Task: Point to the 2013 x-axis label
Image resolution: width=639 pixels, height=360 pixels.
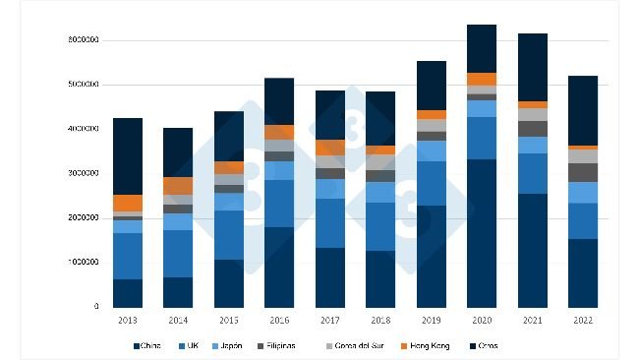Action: click(128, 320)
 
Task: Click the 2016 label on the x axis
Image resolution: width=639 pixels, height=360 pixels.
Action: click(279, 320)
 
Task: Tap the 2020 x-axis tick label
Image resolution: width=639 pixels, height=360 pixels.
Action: click(482, 320)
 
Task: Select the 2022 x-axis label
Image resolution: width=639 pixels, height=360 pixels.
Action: click(583, 320)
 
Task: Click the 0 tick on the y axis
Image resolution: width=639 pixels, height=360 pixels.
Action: click(96, 307)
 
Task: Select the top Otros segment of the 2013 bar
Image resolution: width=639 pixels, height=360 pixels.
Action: click(128, 156)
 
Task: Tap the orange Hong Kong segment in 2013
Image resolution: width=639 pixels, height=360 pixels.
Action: click(128, 203)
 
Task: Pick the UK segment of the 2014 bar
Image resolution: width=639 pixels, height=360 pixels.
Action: click(178, 254)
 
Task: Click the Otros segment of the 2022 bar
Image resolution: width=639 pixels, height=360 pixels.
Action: click(583, 110)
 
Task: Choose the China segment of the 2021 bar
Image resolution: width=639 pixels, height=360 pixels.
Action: click(532, 250)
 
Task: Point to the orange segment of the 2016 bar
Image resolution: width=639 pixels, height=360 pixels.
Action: click(279, 132)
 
